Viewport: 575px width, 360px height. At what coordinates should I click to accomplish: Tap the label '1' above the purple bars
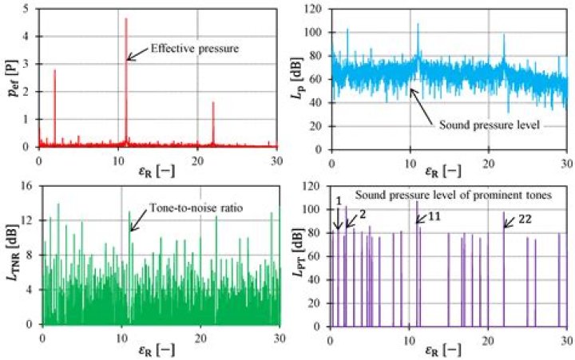tap(339, 200)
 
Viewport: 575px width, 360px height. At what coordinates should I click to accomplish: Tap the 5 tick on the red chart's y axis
tap(30, 9)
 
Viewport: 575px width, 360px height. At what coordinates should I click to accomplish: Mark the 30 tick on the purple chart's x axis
tap(565, 336)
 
